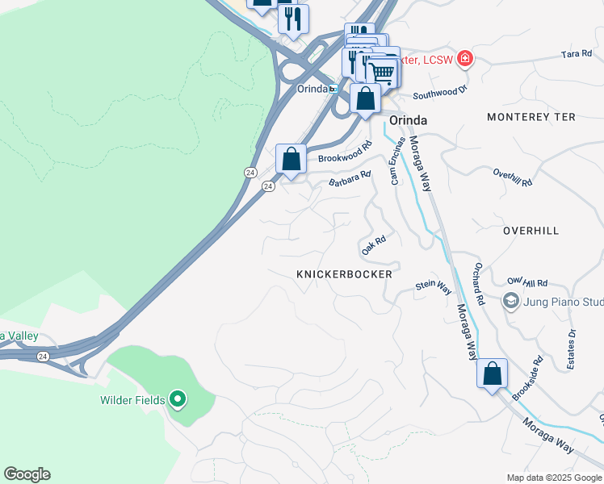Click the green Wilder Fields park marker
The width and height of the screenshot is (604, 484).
(178, 399)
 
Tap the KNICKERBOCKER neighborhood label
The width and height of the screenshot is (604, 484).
(344, 274)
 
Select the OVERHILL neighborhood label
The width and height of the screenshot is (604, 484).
(531, 231)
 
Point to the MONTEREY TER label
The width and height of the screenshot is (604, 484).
(531, 117)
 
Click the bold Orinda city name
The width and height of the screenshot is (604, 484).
(408, 119)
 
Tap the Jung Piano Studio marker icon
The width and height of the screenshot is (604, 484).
(510, 302)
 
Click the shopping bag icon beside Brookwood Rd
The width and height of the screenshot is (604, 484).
(291, 158)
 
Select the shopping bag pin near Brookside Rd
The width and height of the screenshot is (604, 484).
(492, 374)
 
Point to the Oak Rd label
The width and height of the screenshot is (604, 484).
(374, 245)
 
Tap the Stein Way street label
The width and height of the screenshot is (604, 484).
(434, 286)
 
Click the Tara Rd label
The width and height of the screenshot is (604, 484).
(577, 55)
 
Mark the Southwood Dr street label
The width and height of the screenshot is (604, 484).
(440, 94)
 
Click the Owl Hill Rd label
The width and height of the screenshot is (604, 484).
(527, 283)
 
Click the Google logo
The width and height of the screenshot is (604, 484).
(27, 474)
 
